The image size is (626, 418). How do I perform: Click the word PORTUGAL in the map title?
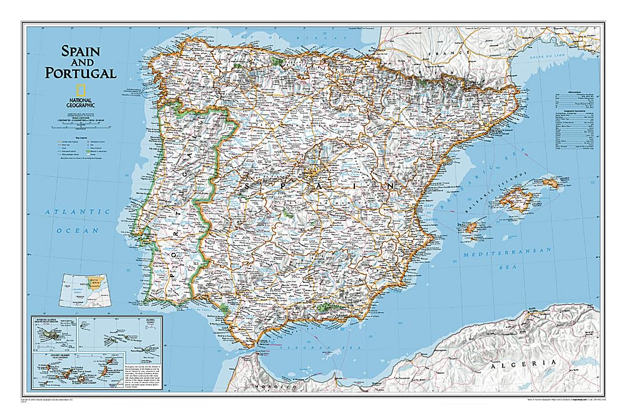pyautogui.click(x=80, y=73)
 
